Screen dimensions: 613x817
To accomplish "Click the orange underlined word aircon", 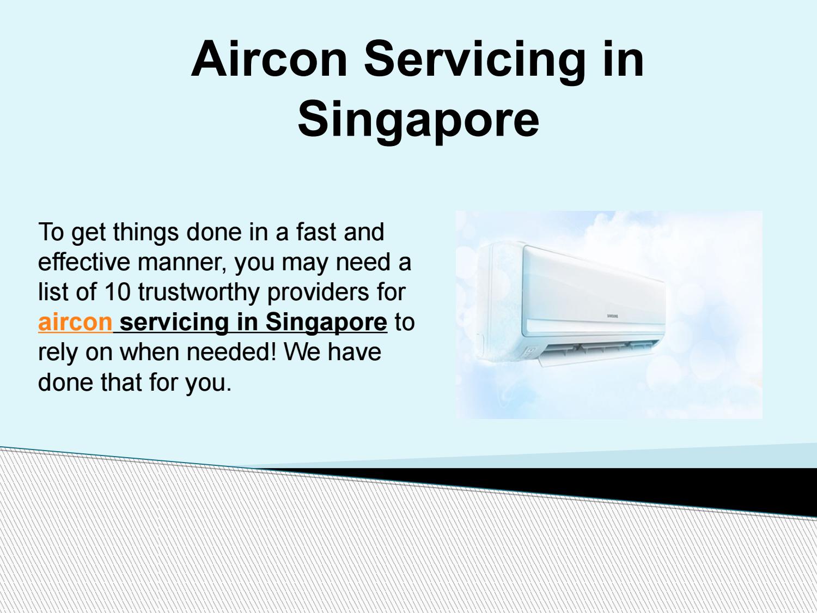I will coord(75,321).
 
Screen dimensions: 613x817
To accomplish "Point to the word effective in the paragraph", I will coord(84,262).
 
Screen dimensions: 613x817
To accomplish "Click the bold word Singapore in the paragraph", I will coord(326,321).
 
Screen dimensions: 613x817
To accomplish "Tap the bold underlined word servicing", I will coord(174,321).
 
